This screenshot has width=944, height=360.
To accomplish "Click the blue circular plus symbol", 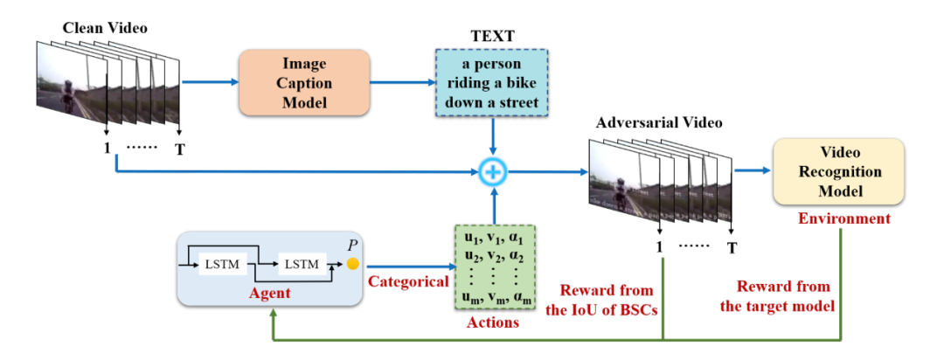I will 494,172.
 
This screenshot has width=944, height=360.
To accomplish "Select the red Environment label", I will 843,218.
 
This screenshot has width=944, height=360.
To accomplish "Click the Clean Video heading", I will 105,27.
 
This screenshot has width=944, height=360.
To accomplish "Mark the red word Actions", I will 494,323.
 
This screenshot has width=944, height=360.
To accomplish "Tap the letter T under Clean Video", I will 180,149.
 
